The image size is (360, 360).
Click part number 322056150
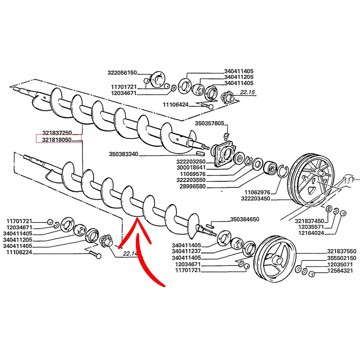[x=122, y=72]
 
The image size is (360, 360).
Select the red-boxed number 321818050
[x=58, y=140]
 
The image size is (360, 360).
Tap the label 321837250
[x=58, y=133]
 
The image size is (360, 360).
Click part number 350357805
[x=209, y=123]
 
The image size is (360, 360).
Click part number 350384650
[x=245, y=220]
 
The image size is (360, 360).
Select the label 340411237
[x=187, y=251]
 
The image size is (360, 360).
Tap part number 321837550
[x=342, y=251]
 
